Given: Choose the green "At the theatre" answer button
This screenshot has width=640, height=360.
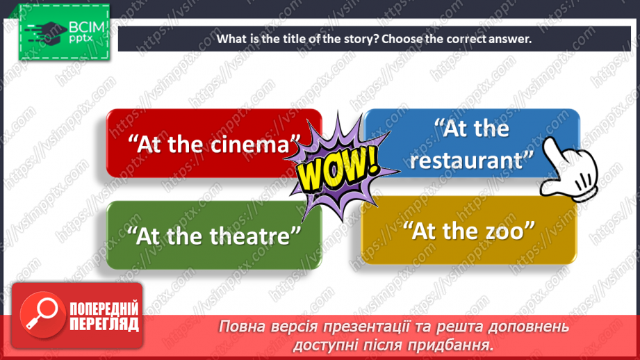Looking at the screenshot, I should [x=213, y=236].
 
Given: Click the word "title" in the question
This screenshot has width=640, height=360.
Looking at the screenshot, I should [x=296, y=39].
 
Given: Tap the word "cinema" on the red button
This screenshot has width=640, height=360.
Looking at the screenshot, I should [x=249, y=145].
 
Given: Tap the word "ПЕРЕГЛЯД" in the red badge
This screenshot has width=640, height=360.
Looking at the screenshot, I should [x=104, y=324].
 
